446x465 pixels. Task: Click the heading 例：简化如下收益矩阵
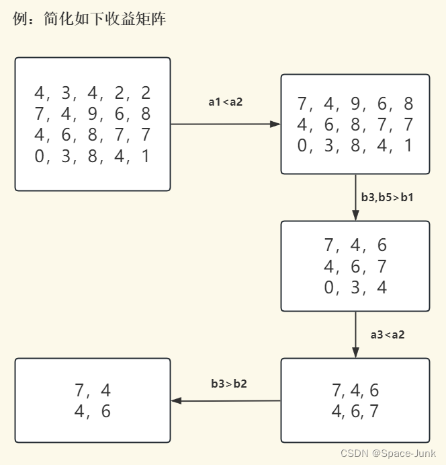(x=89, y=20)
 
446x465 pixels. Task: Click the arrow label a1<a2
(x=225, y=102)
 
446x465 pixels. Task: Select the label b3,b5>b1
(x=388, y=197)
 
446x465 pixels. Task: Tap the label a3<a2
(x=388, y=334)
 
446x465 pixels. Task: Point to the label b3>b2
(x=229, y=384)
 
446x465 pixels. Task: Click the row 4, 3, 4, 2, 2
(x=93, y=93)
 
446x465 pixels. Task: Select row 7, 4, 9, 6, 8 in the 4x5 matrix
(x=93, y=114)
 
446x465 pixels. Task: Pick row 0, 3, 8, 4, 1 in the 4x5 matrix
(x=93, y=156)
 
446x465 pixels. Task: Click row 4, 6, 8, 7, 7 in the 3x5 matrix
(x=355, y=124)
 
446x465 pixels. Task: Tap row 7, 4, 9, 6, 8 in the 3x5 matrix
(x=355, y=104)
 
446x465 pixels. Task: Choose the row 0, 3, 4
(x=355, y=287)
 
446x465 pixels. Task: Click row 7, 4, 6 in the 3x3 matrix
(x=355, y=244)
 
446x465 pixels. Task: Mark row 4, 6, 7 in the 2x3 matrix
(x=355, y=411)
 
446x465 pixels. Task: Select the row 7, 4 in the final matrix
(x=93, y=390)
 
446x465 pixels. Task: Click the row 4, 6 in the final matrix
(x=93, y=411)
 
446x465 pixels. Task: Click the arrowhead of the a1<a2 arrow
(x=275, y=124)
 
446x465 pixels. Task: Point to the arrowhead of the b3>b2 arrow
(x=177, y=401)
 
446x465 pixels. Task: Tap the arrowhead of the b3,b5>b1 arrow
(x=355, y=215)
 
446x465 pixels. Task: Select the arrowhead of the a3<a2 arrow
(x=355, y=353)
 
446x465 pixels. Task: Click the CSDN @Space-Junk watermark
(x=388, y=454)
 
